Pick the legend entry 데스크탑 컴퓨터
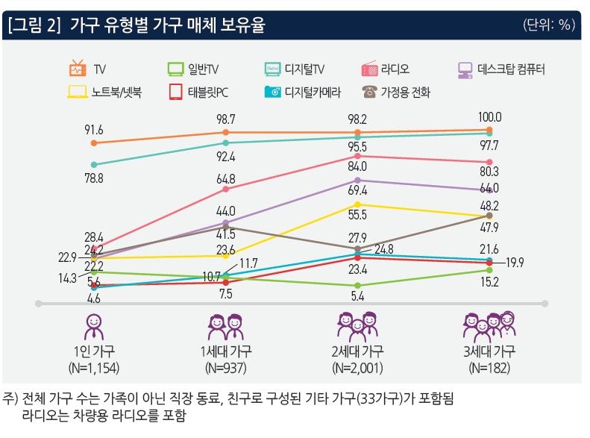pos(501,70)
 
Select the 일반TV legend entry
pos(193,70)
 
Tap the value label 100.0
pos(489,117)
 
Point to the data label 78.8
pos(94,179)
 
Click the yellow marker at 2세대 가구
pos(359,204)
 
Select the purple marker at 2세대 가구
pos(359,181)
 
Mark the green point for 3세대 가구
pos(489,270)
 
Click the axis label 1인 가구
pos(94,351)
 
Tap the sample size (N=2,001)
pos(359,367)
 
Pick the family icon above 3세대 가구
pos(489,325)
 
